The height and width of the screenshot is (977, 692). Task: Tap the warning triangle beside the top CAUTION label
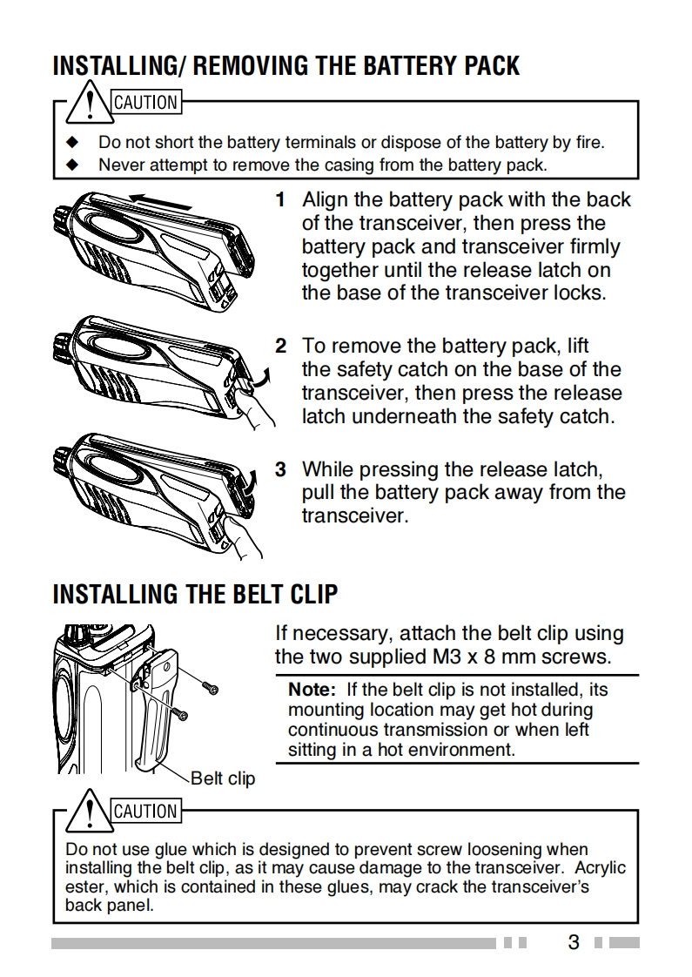click(91, 104)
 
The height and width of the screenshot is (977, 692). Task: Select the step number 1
click(280, 200)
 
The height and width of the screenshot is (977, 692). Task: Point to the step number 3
click(280, 470)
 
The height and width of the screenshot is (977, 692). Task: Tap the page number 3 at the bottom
click(573, 942)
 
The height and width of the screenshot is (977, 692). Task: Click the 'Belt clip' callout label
click(223, 778)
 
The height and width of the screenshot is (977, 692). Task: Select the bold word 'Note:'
click(312, 690)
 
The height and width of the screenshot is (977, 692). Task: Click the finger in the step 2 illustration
click(252, 408)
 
